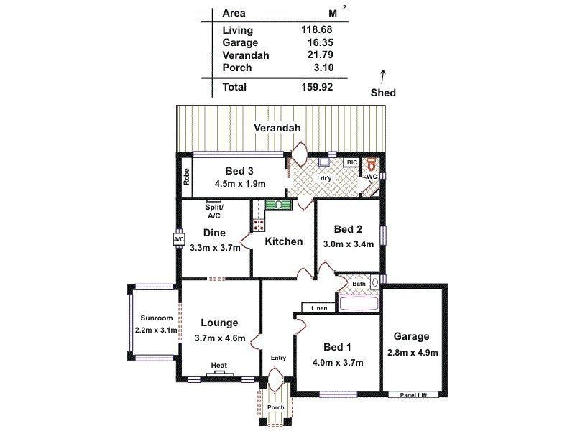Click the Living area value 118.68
pyautogui.click(x=316, y=30)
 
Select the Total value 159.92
pyautogui.click(x=316, y=87)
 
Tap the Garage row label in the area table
pyautogui.click(x=239, y=42)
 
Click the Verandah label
pyautogui.click(x=276, y=128)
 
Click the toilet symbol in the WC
pyautogui.click(x=372, y=164)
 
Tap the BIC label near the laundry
pyautogui.click(x=351, y=163)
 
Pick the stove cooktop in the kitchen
pyautogui.click(x=258, y=225)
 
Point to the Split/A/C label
pyautogui.click(x=214, y=210)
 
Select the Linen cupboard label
pyautogui.click(x=319, y=308)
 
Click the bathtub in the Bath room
pyautogui.click(x=359, y=304)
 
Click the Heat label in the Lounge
pyautogui.click(x=219, y=366)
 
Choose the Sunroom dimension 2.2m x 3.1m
pyautogui.click(x=155, y=330)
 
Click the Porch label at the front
pyautogui.click(x=276, y=407)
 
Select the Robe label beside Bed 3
pyautogui.click(x=185, y=177)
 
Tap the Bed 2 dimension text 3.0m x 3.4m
pyautogui.click(x=348, y=244)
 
